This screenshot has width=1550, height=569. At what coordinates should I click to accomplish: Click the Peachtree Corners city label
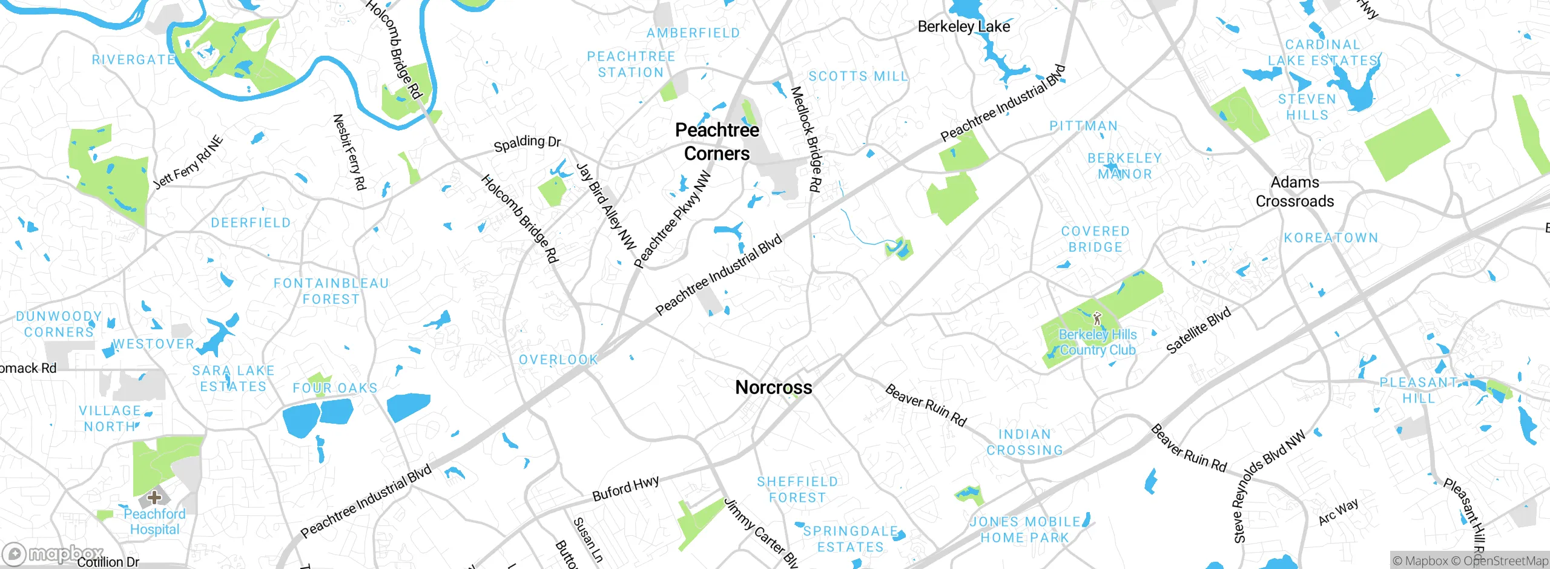point(717,142)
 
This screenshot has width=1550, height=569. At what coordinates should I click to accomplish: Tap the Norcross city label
point(773,387)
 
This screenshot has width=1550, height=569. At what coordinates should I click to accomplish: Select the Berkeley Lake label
point(963,27)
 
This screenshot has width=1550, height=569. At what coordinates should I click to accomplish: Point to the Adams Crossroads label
point(1294,191)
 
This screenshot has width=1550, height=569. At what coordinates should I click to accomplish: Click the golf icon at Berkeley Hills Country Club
point(1097,318)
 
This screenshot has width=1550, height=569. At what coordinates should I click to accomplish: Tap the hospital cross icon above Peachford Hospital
point(154,498)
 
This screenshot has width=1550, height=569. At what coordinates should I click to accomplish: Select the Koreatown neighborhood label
point(1331,238)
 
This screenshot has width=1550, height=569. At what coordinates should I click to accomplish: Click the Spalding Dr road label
point(527,143)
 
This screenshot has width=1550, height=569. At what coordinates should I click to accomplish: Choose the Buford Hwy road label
point(625,488)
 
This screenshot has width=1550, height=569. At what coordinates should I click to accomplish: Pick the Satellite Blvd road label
point(1198,330)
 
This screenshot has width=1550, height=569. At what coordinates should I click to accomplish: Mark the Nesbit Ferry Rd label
point(350,152)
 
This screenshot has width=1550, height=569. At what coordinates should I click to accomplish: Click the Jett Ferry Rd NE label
point(188,163)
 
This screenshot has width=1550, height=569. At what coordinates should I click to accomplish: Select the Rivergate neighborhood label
point(133,60)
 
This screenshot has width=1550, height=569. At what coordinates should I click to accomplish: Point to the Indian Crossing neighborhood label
point(1024,442)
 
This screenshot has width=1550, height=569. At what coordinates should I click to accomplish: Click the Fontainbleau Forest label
point(331,291)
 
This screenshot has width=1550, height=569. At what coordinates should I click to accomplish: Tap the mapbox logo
point(53,553)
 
